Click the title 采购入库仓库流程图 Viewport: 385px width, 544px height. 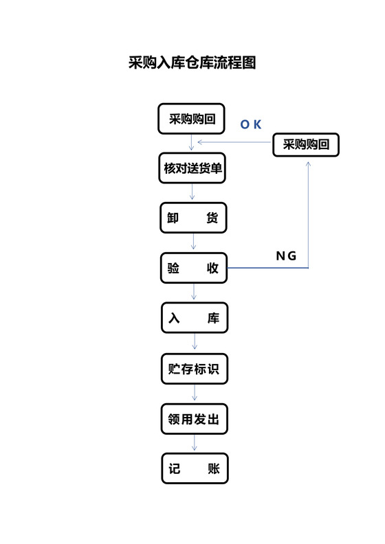(x=192, y=63)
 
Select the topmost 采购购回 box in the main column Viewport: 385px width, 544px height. (x=192, y=119)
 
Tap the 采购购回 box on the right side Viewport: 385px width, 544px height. (x=306, y=145)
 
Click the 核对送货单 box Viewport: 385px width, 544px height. (x=192, y=168)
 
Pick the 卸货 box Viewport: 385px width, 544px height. (x=192, y=218)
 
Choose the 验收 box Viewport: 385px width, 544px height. (x=193, y=269)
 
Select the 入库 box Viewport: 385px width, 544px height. (x=194, y=319)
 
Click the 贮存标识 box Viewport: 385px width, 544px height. (x=194, y=369)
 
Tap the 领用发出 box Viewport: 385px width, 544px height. (x=194, y=419)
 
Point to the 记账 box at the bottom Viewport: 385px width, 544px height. (x=194, y=469)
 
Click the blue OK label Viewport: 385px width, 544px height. (x=250, y=124)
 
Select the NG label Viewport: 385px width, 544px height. (x=286, y=256)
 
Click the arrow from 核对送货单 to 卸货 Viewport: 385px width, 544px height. (x=192, y=193)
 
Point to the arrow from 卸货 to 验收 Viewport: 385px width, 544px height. (x=193, y=243)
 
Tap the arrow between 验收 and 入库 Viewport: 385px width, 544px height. (x=194, y=293)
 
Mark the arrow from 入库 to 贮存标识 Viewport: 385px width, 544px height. (x=195, y=343)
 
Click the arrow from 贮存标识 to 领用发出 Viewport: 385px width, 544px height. (x=195, y=394)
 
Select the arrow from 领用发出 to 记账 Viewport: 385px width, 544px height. (x=194, y=444)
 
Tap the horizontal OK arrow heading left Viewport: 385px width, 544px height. (x=234, y=142)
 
